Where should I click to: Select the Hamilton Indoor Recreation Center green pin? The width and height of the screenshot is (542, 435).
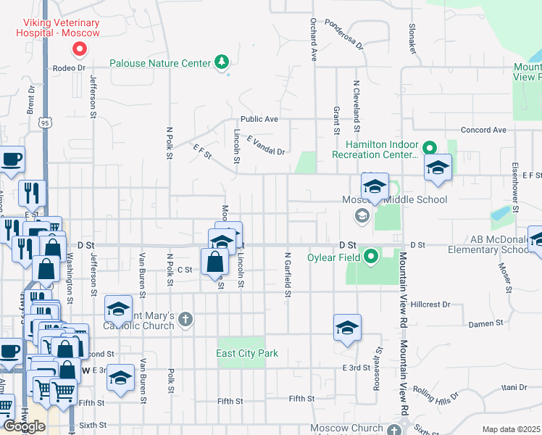point(428,146)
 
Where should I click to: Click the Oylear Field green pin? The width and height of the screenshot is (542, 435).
point(371,256)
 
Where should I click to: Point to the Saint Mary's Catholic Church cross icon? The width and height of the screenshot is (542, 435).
point(185,318)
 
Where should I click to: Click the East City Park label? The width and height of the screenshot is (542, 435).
point(247,353)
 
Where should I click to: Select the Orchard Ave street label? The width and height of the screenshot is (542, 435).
point(314,39)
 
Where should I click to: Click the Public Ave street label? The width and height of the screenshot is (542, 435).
point(259,119)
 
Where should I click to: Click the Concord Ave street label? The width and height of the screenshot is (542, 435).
point(485,130)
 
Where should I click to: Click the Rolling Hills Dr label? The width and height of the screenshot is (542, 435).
point(437,399)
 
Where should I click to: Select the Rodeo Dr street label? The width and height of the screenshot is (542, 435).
point(70,68)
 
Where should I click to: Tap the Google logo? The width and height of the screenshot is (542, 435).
point(24,426)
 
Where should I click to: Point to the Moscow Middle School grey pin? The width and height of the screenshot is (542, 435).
point(361,215)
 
